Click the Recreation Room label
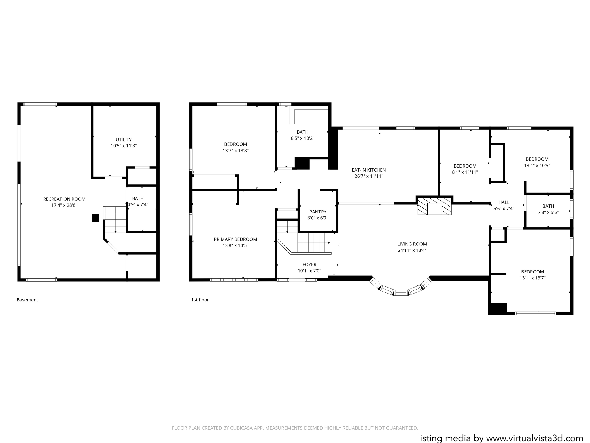coord(64,199)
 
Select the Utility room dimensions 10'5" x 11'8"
coord(124,146)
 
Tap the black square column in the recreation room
coord(96,218)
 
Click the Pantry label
coord(318,212)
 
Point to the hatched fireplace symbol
coord(434,206)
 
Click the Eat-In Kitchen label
coord(369,170)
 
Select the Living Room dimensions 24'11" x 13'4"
coord(412,250)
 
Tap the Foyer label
coord(309,264)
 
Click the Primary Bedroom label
coord(235,239)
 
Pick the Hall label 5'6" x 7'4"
coord(504,202)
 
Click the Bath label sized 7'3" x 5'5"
coord(548,206)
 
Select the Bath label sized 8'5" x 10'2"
coord(302,132)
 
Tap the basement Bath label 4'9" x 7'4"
coord(138,198)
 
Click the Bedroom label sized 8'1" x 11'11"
coord(465,166)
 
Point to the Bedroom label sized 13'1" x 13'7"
coord(532,272)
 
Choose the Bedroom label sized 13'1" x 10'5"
coord(537,159)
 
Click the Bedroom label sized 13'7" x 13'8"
coord(235,144)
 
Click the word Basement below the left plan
coord(27,300)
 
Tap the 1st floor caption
coord(200,300)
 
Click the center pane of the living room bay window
coord(400,293)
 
